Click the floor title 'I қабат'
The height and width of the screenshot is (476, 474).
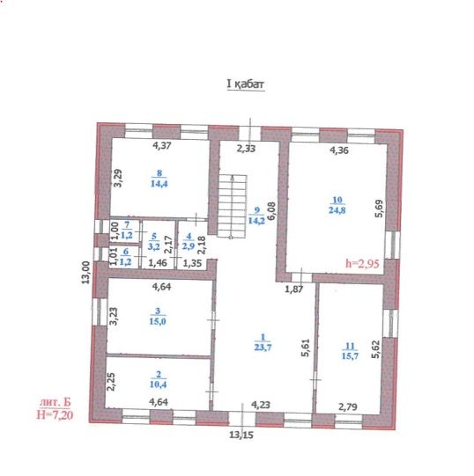click(246, 84)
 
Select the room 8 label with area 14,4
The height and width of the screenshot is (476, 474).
click(159, 179)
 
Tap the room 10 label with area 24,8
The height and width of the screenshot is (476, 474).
click(337, 205)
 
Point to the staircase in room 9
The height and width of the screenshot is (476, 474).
click(233, 207)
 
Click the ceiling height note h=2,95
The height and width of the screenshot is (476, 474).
click(362, 263)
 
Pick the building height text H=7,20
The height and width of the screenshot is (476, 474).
click(55, 414)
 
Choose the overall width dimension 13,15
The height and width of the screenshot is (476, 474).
click(241, 435)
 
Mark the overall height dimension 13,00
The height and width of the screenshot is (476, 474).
click(86, 272)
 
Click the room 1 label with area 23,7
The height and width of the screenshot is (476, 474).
click(263, 342)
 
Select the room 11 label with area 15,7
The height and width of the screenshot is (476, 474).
click(350, 351)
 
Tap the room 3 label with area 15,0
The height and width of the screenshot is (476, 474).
click(158, 317)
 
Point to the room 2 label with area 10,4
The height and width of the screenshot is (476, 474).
click(158, 380)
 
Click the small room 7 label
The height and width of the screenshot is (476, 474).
click(127, 230)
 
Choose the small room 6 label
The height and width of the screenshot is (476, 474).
click(126, 257)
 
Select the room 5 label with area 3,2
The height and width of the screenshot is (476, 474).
click(153, 241)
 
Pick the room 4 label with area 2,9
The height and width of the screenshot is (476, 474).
click(189, 241)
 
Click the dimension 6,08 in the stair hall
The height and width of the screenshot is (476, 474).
click(271, 211)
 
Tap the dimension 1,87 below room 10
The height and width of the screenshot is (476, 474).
click(294, 289)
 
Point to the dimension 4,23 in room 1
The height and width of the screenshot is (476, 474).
click(261, 405)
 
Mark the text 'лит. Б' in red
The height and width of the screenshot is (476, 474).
click(55, 403)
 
